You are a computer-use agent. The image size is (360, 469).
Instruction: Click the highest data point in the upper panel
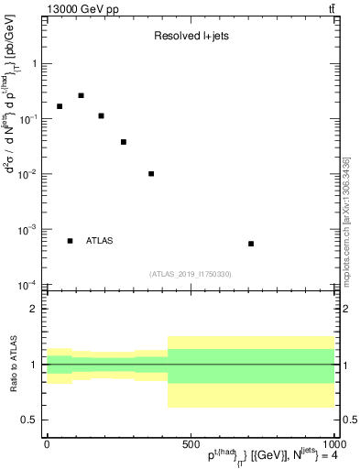(x=81, y=95)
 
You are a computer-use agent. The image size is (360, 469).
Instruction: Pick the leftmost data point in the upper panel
(x=60, y=106)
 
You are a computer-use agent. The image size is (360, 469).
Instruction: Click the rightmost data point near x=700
(x=251, y=244)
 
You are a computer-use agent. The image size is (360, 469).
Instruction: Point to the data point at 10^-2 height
(x=151, y=174)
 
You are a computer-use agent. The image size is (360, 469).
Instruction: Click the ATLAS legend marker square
(x=70, y=241)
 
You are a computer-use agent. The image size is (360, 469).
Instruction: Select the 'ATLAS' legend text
(x=100, y=241)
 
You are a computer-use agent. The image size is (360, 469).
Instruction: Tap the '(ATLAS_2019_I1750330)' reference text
(x=191, y=274)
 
